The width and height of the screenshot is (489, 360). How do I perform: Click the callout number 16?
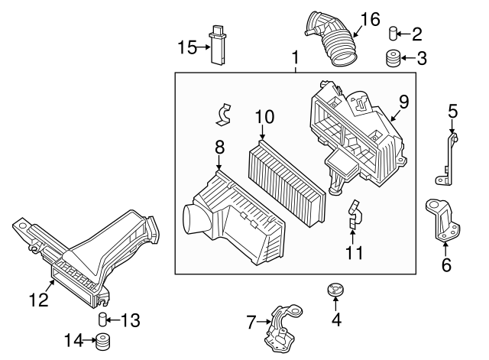pos(370,19)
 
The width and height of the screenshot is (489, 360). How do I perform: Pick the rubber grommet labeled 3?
pos(394,58)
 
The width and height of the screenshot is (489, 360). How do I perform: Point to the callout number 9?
pos(403,101)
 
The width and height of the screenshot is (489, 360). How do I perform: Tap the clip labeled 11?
pos(353,216)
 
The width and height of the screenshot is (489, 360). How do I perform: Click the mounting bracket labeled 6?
pos(443,221)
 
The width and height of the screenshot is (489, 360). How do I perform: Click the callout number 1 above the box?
pos(295,57)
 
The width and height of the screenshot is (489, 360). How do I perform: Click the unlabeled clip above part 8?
pos(222,113)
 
